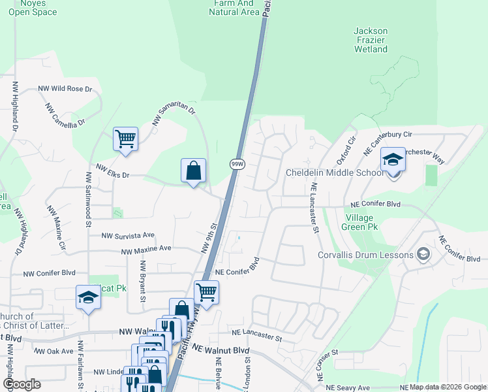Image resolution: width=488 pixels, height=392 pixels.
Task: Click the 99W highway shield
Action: tap(237, 165)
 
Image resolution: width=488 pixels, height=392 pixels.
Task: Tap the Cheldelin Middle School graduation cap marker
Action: tap(393, 159)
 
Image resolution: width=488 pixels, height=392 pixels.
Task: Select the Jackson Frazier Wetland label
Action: tap(371, 40)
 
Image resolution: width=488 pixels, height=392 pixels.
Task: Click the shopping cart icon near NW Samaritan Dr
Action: tap(125, 139)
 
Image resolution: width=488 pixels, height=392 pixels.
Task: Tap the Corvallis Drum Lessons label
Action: tap(365, 255)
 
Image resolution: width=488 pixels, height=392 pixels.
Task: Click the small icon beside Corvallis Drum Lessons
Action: tap(423, 254)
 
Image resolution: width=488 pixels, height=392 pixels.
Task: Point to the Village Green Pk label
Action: tap(359, 222)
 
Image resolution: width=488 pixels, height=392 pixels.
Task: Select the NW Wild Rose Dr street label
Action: tap(65, 88)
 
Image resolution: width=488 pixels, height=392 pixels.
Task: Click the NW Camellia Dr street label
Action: tap(65, 114)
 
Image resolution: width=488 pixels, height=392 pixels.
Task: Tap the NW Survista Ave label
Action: tap(128, 235)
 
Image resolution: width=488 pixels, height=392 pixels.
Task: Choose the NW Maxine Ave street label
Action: tap(145, 249)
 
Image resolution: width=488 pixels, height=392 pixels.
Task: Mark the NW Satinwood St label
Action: tap(87, 200)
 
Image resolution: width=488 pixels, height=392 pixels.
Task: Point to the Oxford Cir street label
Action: tap(344, 151)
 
